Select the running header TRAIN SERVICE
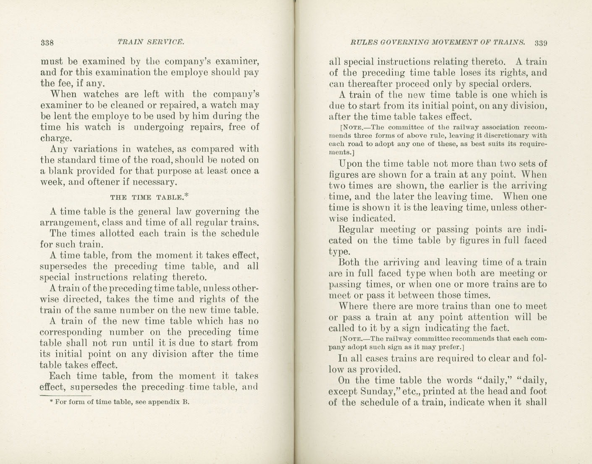pos(151,42)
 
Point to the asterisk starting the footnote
pos(51,402)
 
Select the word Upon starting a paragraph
pos(349,164)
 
